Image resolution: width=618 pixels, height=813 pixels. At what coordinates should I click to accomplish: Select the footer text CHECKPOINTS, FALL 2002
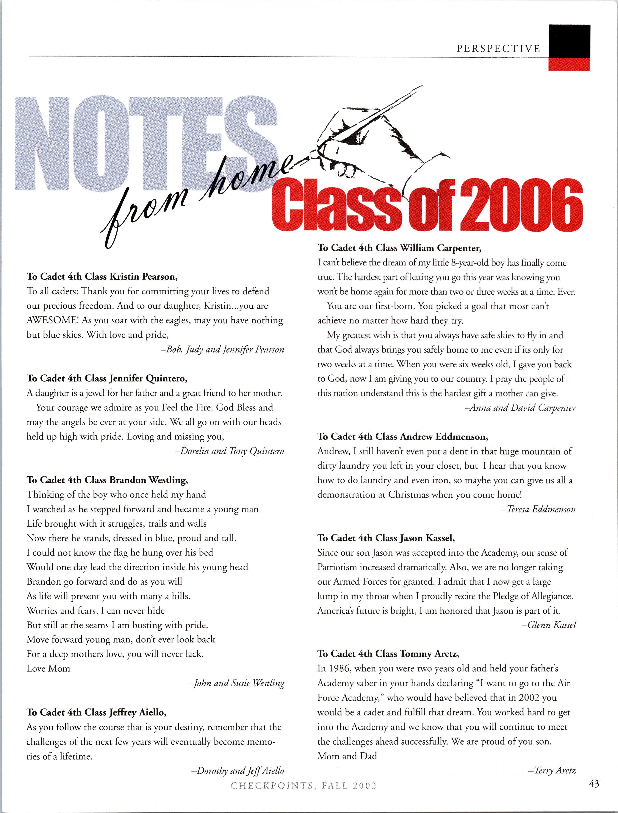pyautogui.click(x=304, y=786)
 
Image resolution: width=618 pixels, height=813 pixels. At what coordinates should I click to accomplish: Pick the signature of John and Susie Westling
pyautogui.click(x=237, y=683)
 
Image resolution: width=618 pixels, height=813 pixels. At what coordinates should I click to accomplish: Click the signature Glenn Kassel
pyautogui.click(x=549, y=625)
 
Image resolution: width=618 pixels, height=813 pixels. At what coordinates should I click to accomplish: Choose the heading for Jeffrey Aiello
pyautogui.click(x=96, y=713)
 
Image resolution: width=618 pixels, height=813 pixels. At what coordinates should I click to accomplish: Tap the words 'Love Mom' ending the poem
pyautogui.click(x=48, y=668)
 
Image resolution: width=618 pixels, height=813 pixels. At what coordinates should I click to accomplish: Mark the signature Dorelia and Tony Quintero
pyautogui.click(x=229, y=451)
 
